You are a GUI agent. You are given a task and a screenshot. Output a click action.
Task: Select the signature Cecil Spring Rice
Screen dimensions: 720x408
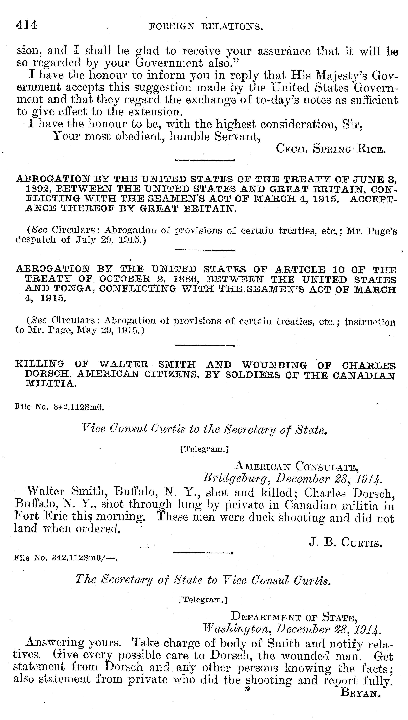[331, 149]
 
